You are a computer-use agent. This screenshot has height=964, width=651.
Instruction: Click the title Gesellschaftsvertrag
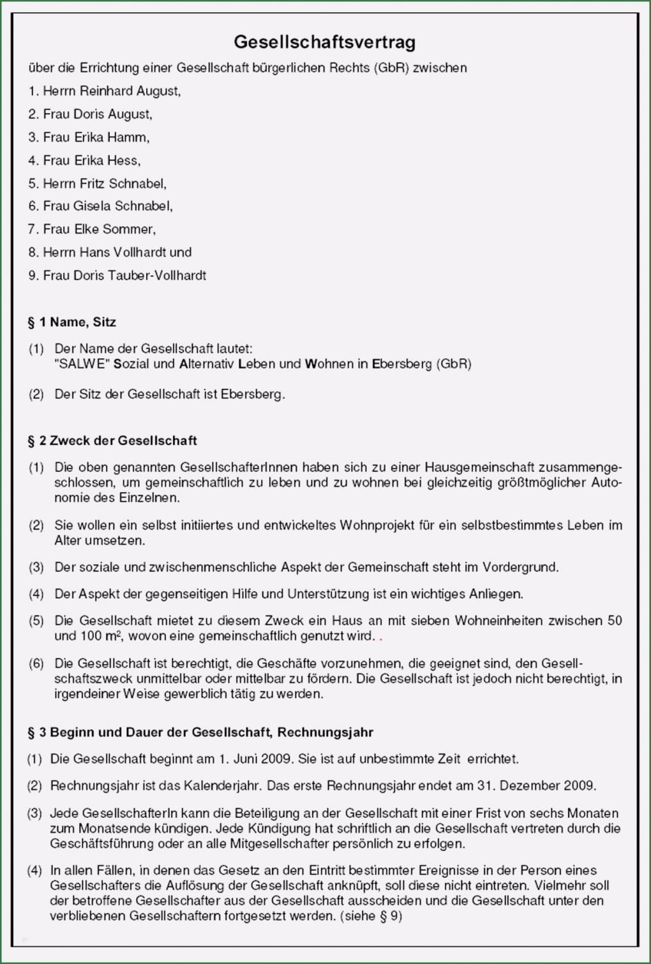pos(325,42)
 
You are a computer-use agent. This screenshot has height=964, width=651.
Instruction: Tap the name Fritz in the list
pos(92,184)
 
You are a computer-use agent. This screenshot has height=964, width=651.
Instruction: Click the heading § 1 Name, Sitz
pos(72,322)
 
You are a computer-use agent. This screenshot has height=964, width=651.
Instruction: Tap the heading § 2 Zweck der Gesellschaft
pos(112,441)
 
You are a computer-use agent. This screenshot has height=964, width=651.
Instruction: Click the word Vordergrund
pos(520,567)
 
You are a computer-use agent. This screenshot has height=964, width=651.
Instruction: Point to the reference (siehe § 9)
pos(371,917)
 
